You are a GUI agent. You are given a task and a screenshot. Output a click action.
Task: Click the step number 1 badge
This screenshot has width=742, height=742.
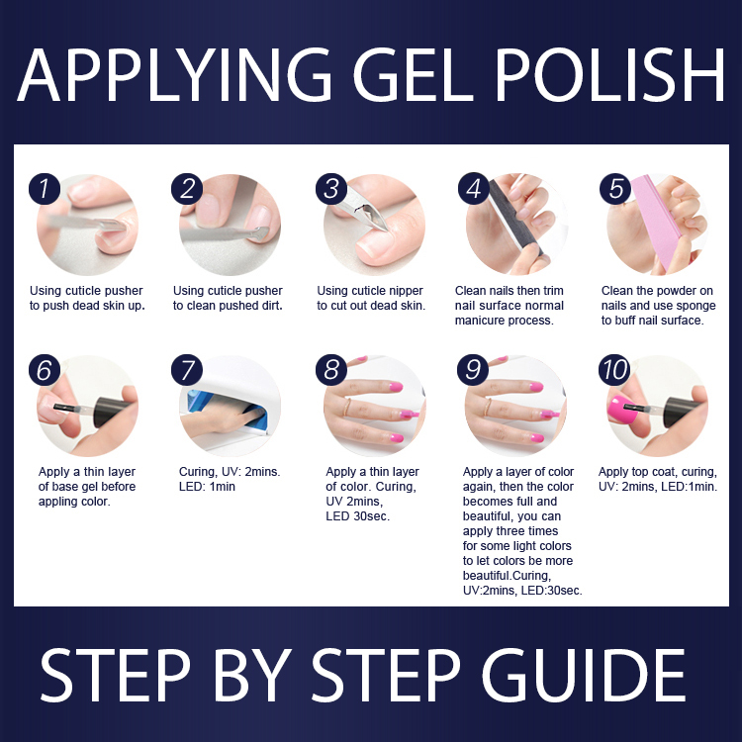click(44, 189)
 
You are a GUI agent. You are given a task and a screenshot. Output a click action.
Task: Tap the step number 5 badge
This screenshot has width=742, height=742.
click(615, 189)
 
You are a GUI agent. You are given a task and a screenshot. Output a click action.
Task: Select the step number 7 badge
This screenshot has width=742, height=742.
click(187, 370)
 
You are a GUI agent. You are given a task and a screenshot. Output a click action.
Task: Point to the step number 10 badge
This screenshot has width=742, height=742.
click(614, 370)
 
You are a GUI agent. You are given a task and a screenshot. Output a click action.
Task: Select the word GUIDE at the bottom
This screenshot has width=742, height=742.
click(584, 675)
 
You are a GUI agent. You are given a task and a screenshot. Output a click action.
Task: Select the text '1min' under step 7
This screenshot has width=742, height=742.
click(222, 487)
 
